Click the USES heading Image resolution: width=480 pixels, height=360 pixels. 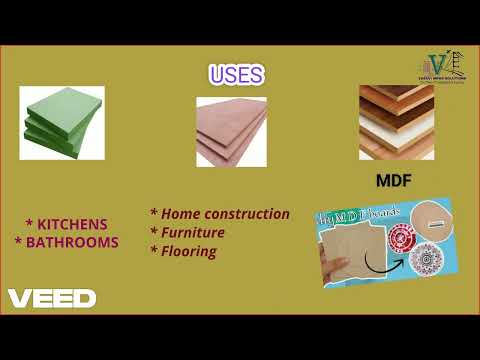point(236,76)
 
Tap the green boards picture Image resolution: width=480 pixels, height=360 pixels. point(62,122)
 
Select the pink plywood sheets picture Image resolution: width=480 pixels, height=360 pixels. point(231,131)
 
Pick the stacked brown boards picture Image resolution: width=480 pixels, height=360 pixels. point(397,122)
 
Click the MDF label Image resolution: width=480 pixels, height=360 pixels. point(395,183)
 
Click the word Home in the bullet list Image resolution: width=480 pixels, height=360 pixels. point(180,214)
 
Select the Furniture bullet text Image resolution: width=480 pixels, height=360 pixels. point(192,233)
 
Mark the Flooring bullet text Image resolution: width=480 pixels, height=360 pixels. point(188,251)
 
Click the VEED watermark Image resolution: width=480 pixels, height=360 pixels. point(52,298)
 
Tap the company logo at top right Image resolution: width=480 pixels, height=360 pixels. point(440,64)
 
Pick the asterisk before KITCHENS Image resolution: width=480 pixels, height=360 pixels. point(30,224)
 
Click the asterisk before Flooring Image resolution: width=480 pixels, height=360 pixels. point(154,251)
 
